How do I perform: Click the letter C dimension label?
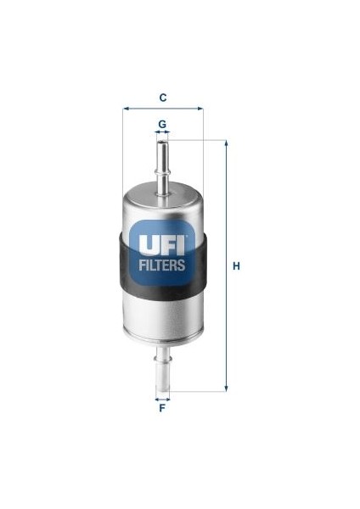point(162,96)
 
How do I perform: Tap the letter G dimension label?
point(161,124)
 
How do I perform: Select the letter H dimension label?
point(237,266)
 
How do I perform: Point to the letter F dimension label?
point(161,409)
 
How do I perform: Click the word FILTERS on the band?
point(162,266)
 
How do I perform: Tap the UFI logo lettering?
point(162,246)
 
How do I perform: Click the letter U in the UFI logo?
point(147,246)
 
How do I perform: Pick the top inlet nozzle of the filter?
point(162,162)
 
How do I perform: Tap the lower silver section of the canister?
point(162,319)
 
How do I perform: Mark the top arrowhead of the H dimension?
point(226,143)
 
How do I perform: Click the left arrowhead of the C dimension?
point(126,109)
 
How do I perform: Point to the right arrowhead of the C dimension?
point(200,109)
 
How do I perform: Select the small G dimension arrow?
point(161,133)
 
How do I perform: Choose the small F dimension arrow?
point(161,397)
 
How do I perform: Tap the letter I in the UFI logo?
point(180,246)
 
